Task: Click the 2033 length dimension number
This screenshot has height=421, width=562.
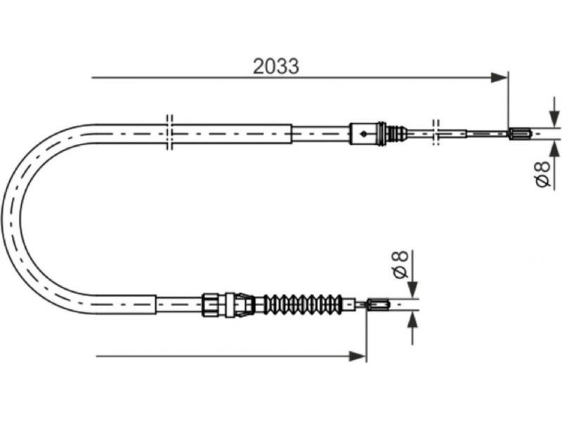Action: tap(275, 66)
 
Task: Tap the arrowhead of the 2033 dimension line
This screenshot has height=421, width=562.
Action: tap(499, 77)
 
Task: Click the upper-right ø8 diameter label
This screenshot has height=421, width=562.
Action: tap(542, 174)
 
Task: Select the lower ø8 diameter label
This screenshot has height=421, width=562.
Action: tap(400, 265)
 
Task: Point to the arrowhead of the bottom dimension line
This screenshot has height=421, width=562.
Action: tap(358, 356)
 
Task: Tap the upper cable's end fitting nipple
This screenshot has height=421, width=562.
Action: tap(520, 134)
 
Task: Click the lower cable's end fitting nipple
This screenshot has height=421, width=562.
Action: tap(378, 305)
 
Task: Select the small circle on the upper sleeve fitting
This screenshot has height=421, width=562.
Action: tap(364, 134)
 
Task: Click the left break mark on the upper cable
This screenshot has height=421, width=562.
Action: tap(169, 133)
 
